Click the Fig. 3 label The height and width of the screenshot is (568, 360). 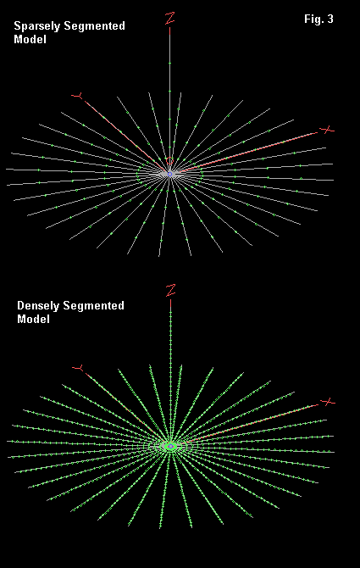point(318,19)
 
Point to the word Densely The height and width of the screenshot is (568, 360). point(38,306)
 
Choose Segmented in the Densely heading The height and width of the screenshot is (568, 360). point(93,306)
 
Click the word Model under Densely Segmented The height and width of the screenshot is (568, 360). point(33,319)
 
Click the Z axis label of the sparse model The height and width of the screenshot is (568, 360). point(169,19)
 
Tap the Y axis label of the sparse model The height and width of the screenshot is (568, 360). point(77,96)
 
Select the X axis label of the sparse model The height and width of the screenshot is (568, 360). point(327,130)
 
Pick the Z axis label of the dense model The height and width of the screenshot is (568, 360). point(170,291)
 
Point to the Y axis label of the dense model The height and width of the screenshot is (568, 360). point(78,369)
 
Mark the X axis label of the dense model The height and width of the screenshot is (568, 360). point(328,402)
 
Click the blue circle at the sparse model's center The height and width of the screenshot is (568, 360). point(169,175)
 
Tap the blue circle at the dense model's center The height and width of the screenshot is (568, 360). point(170,446)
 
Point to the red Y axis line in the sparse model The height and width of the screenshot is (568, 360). point(125,135)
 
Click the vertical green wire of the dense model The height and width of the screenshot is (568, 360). point(170,373)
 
